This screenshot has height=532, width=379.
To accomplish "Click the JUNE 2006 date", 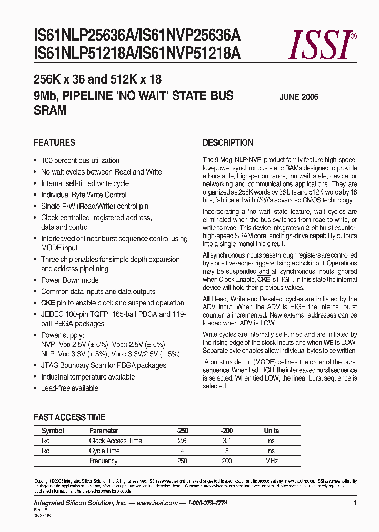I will [x=298, y=97].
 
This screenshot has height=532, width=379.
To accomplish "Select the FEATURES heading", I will [x=54, y=142].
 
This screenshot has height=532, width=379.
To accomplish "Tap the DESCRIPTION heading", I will [x=227, y=142].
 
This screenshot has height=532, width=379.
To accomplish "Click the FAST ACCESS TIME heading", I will [x=69, y=417].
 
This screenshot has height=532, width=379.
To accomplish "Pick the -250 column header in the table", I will [x=182, y=431].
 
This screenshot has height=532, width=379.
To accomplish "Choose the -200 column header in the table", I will [x=227, y=431].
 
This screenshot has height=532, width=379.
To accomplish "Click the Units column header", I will [x=271, y=431].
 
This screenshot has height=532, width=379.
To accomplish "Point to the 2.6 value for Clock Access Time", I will [x=182, y=441].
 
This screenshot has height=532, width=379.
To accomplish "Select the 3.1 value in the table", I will [x=227, y=441].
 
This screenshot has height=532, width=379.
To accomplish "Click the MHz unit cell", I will [x=271, y=461].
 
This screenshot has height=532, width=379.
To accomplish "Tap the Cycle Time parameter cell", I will [x=104, y=451].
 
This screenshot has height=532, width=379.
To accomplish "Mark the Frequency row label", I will [x=103, y=461].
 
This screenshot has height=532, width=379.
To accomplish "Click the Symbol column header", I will [x=53, y=431].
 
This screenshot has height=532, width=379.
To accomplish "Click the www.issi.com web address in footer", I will [x=157, y=503].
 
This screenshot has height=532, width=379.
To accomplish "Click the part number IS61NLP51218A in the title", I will [x=77, y=54].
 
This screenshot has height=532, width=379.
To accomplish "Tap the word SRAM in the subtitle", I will [x=50, y=110].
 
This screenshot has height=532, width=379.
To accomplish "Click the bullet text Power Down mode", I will [x=69, y=280].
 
